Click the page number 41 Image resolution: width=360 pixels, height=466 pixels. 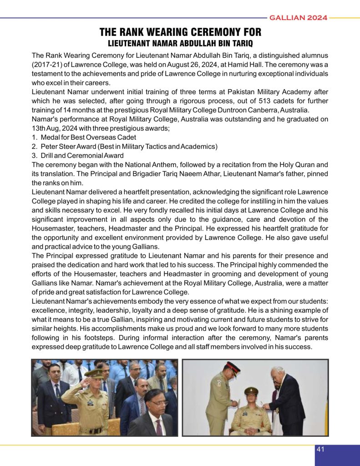320,450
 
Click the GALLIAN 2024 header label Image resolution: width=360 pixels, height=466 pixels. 299,18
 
